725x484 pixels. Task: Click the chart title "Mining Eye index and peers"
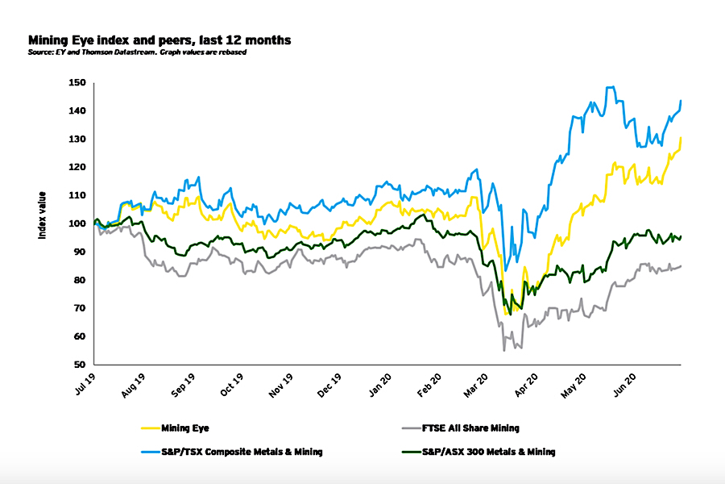pyautogui.click(x=159, y=39)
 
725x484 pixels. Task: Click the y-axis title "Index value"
pyautogui.click(x=42, y=215)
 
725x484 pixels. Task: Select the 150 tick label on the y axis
pyautogui.click(x=77, y=82)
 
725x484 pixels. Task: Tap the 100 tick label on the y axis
pyautogui.click(x=77, y=223)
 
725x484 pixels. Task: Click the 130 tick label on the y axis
pyautogui.click(x=77, y=139)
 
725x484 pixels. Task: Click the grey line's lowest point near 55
pyautogui.click(x=504, y=350)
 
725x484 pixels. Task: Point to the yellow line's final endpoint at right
pyautogui.click(x=681, y=138)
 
